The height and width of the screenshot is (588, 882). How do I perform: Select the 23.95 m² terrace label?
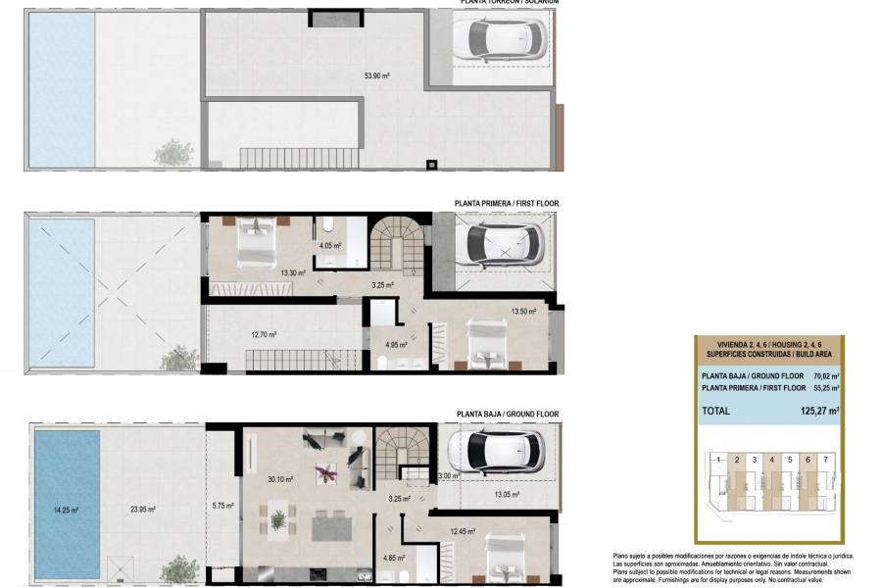click(143, 509)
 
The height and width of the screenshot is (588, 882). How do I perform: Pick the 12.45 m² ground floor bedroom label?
click(463, 532)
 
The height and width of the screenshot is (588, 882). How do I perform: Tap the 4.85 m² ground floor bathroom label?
click(397, 559)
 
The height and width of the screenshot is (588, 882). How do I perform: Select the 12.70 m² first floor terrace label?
click(263, 334)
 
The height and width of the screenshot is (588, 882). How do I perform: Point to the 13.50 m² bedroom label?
click(525, 312)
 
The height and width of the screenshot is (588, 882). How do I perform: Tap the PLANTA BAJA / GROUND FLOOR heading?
click(507, 415)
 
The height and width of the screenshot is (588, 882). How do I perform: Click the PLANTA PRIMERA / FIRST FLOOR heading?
click(507, 204)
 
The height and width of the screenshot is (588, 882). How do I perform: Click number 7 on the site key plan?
click(826, 459)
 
